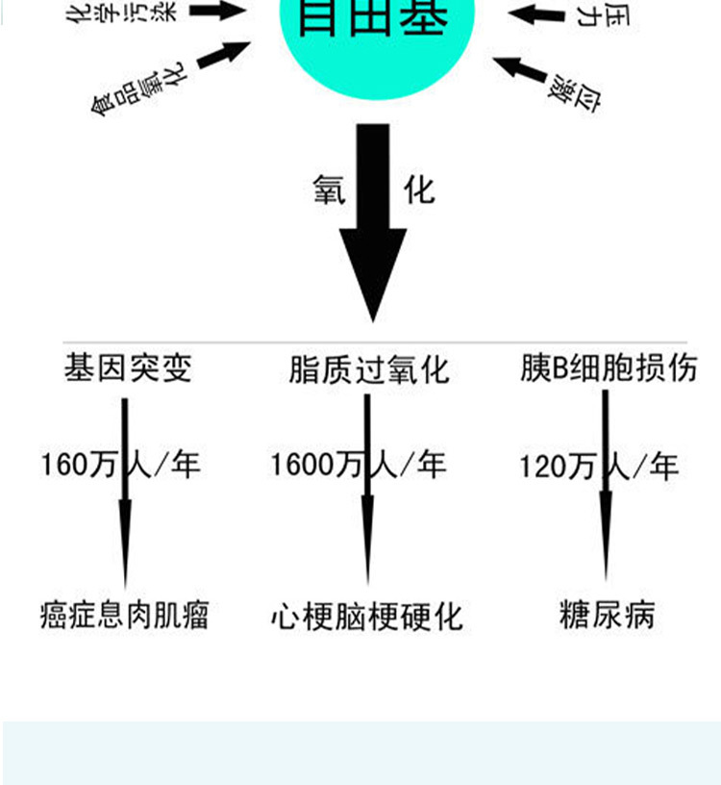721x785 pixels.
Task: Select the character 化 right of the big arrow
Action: [420, 190]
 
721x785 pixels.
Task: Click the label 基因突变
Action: [128, 368]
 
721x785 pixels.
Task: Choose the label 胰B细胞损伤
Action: [609, 368]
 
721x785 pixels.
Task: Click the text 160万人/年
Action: [121, 466]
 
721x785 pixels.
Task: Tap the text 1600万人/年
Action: [358, 467]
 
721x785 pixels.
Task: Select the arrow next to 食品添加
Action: [223, 59]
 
